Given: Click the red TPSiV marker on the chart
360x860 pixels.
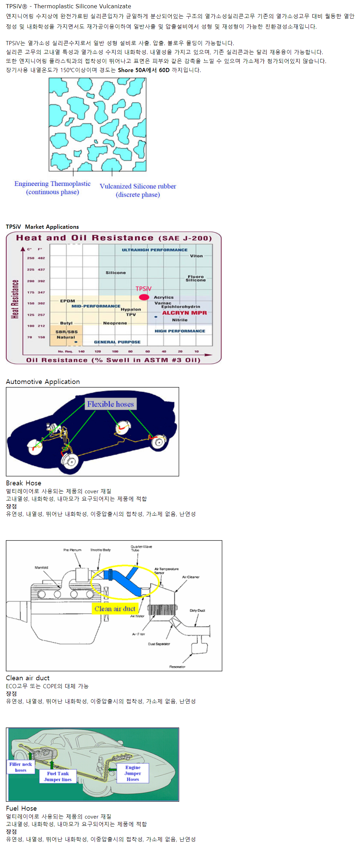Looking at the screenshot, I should [144, 297].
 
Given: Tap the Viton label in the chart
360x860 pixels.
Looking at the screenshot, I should [196, 256].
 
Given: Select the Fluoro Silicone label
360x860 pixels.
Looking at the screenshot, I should [196, 278].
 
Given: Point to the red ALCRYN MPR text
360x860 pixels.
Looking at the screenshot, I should [184, 313].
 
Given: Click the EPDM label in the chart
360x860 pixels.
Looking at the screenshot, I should [67, 301].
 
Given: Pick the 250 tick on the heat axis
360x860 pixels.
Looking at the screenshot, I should [31, 258].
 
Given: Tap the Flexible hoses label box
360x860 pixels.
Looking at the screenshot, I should [110, 404].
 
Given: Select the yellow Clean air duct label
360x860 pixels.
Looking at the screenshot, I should [115, 609].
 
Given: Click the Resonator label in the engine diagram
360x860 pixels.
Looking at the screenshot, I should [177, 666].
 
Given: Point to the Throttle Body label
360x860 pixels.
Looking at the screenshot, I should [100, 550].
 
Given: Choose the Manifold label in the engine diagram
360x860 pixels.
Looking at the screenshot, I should [41, 567].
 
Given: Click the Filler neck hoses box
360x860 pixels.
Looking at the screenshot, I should [21, 767].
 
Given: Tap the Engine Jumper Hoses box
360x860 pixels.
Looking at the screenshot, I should [133, 773].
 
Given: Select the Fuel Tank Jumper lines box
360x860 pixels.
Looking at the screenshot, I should [58, 776].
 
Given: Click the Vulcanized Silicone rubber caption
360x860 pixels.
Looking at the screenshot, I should [138, 190].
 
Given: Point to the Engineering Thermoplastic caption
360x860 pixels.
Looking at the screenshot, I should [52, 188].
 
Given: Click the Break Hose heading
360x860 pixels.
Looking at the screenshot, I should [23, 483].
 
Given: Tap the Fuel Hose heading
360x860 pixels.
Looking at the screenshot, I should [21, 808].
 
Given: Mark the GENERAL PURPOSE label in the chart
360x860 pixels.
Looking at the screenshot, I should [117, 342].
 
